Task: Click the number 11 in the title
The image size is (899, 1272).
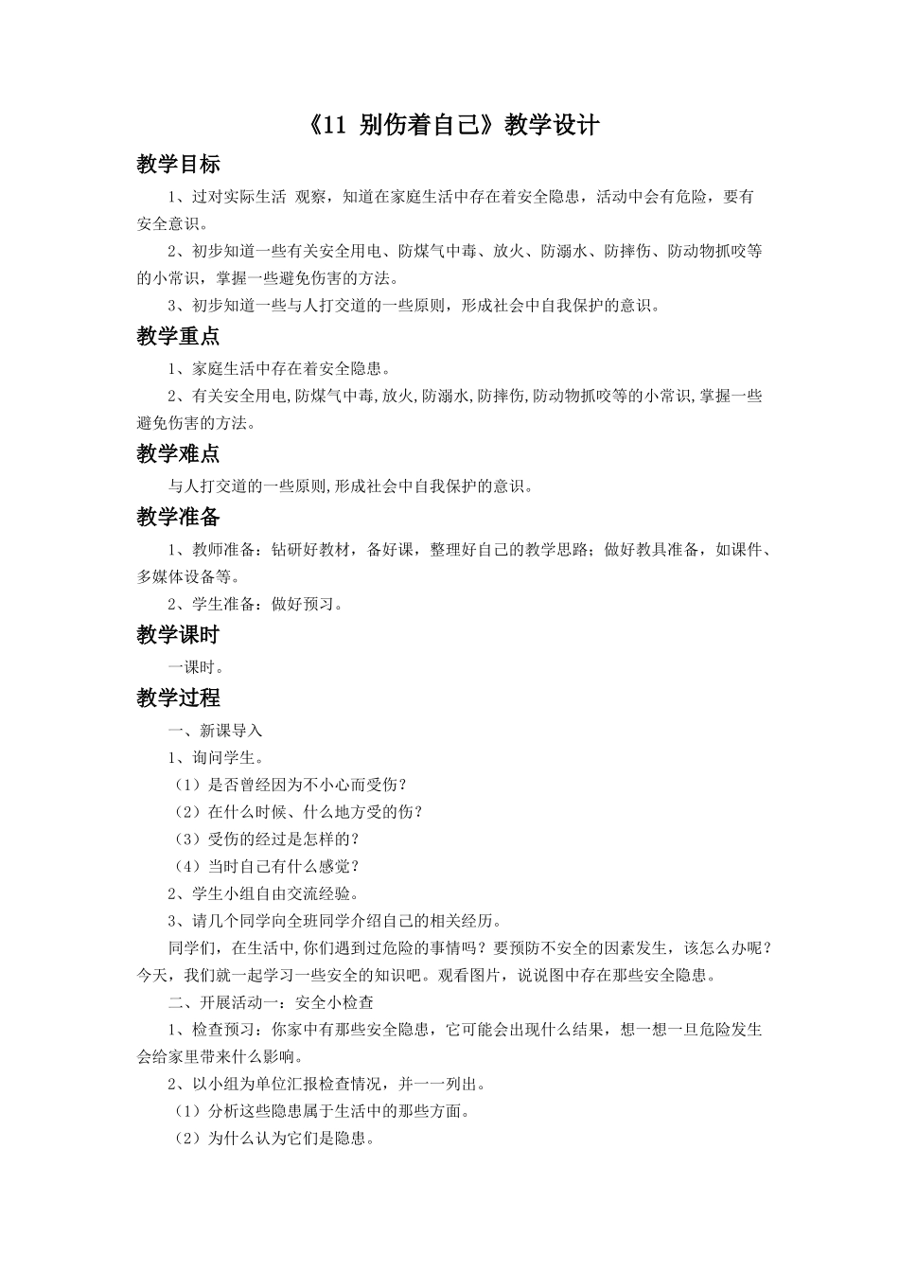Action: [x=336, y=126]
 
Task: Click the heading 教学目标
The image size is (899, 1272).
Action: [x=178, y=165]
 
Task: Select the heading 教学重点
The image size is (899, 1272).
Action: [x=178, y=336]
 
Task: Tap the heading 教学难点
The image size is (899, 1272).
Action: [x=178, y=454]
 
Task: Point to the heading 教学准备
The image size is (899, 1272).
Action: [x=178, y=517]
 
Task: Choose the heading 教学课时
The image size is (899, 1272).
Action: [x=178, y=635]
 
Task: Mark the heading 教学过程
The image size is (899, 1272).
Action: [x=178, y=698]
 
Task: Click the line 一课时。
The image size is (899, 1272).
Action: [x=196, y=667]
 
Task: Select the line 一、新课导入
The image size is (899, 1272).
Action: [x=215, y=731]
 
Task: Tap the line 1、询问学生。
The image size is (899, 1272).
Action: [x=215, y=757]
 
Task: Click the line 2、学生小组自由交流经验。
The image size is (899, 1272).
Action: [x=264, y=893]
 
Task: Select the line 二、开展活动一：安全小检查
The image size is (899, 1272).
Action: [x=271, y=1002]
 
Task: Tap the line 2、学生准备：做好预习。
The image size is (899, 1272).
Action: [x=256, y=604]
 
